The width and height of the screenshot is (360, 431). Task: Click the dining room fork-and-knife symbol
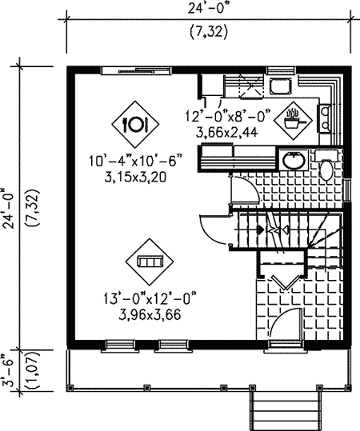coord(135,124)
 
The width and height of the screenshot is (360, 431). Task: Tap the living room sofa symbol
coord(150,261)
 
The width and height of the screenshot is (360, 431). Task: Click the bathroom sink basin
coord(294,160)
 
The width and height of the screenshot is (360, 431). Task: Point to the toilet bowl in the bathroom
coord(326,170)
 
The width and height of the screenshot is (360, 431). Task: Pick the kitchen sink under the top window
coord(280,86)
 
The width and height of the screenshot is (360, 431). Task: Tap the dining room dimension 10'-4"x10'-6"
coord(135,160)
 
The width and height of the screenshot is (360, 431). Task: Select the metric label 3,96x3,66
coord(150,315)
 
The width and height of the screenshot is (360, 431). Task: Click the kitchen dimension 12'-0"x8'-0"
coord(228,115)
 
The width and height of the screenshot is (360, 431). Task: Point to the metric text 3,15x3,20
coord(135,178)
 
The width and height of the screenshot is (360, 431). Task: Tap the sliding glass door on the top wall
coord(137,70)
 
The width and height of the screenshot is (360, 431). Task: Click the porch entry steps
coord(286,411)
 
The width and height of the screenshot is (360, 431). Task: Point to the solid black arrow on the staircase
coord(260,229)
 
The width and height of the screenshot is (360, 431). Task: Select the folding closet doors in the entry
coord(286,282)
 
